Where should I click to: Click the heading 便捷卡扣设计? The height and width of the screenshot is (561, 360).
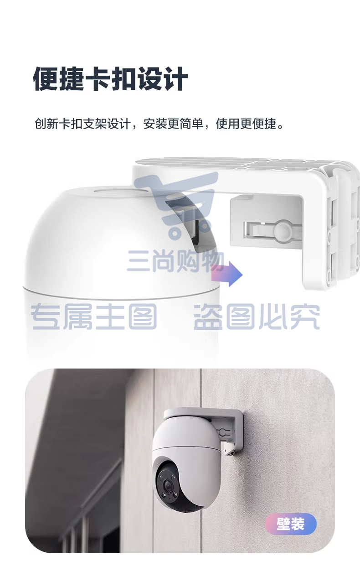[110, 78]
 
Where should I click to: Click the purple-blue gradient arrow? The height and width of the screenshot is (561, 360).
[227, 275]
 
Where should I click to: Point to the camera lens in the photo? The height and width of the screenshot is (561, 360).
[167, 485]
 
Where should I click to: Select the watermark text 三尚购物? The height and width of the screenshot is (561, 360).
[176, 261]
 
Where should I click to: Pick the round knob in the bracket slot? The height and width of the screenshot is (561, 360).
[282, 230]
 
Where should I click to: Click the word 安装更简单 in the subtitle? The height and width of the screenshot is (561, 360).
[173, 124]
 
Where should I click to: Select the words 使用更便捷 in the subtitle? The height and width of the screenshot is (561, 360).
[246, 124]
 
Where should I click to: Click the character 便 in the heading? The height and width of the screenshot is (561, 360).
[46, 78]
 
